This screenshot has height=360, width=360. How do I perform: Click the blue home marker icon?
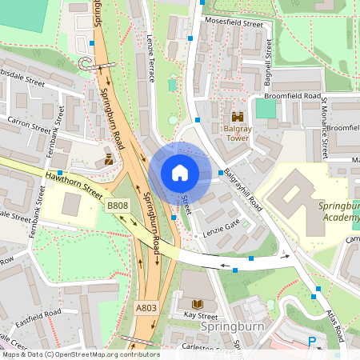[180, 173]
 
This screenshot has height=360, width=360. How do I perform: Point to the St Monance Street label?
[326, 128]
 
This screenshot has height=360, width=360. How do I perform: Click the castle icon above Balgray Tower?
[237, 117]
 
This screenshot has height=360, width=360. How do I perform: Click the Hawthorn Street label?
[74, 183]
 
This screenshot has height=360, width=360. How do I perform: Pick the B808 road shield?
[117, 206]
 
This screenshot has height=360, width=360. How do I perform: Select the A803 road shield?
[146, 308]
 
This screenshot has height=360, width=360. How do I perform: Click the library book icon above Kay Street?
[197, 303]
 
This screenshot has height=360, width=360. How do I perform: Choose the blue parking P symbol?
[311, 342]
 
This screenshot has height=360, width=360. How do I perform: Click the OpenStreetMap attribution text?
[80, 354]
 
